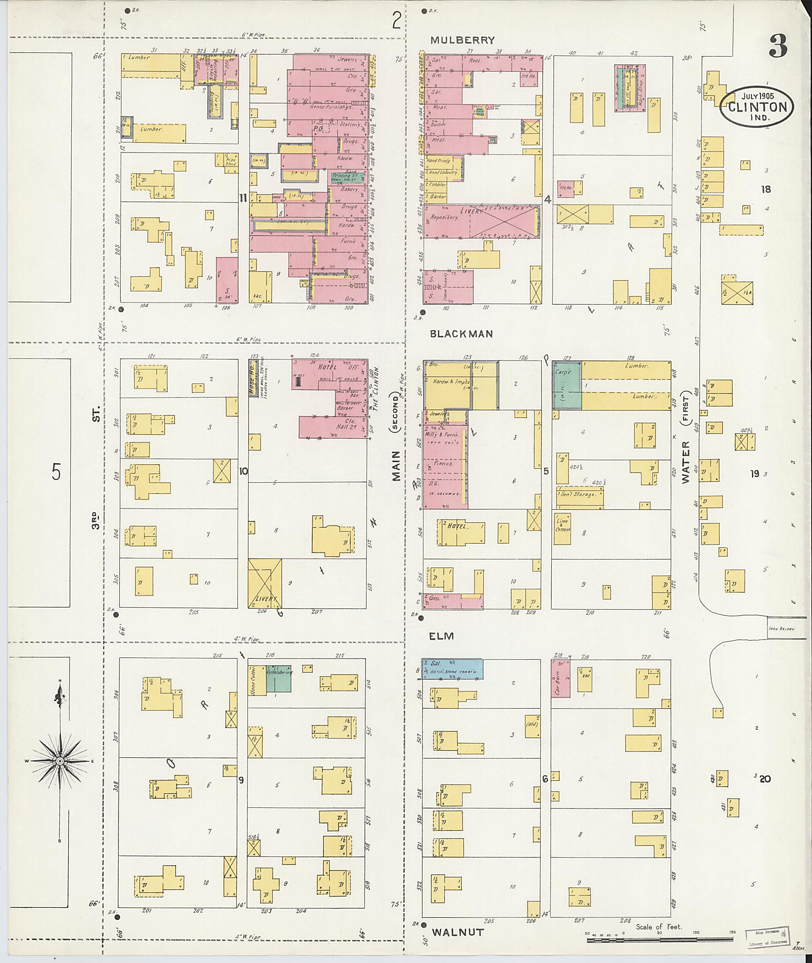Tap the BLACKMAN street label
(461, 334)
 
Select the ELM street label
(441, 636)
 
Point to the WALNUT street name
(458, 932)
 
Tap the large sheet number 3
(778, 46)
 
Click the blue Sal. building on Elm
(452, 669)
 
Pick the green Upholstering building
(278, 678)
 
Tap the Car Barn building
(560, 678)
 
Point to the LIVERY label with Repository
(471, 211)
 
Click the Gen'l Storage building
(579, 494)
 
